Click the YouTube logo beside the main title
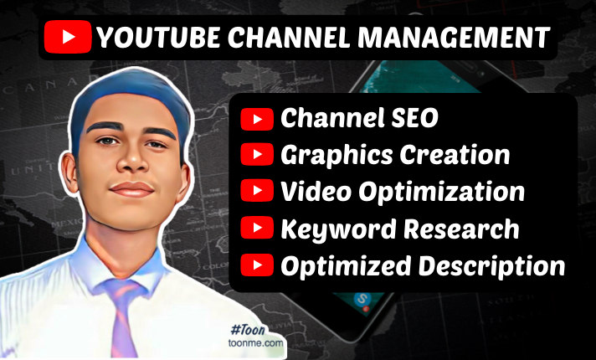pos(68,37)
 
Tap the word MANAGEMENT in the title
pos(454,37)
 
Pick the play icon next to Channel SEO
pos(257,119)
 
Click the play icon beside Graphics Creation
pos(257,154)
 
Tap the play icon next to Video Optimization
pos(257,190)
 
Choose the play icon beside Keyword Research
pos(257,228)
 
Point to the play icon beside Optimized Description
pos(257,265)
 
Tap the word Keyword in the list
pos(338,229)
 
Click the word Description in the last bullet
pos(492,266)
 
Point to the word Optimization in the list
pos(442,192)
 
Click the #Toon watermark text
pos(248,329)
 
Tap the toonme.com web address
pos(255,343)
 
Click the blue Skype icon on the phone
pos(361,299)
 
